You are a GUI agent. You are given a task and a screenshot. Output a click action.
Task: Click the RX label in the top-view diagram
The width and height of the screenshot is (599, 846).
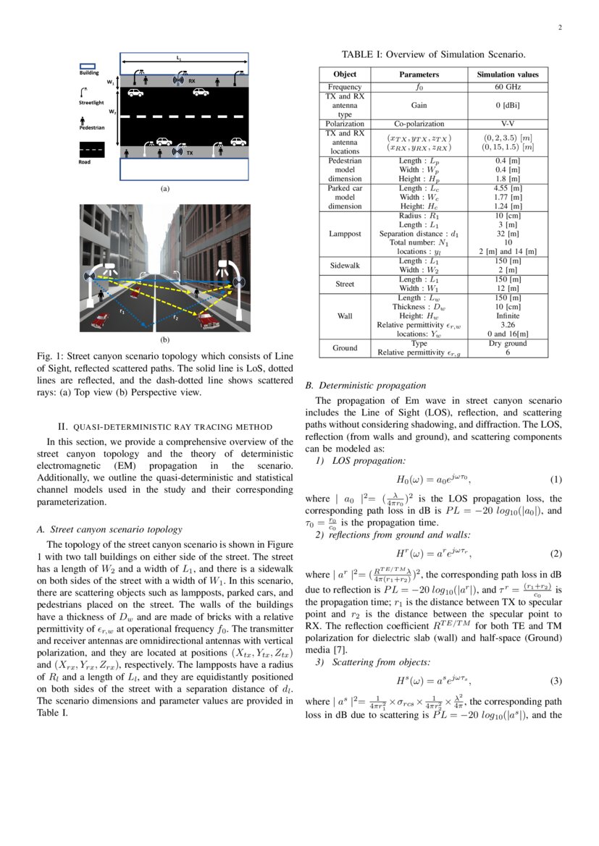[192, 81]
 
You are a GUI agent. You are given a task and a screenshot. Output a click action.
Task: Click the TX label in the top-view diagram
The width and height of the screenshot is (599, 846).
[190, 153]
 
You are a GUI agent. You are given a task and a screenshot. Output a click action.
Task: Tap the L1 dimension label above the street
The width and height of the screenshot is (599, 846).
[179, 57]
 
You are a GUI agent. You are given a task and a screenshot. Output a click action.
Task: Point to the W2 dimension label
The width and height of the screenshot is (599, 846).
[112, 112]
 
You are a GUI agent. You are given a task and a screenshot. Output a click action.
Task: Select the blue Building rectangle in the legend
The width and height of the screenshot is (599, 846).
[87, 65]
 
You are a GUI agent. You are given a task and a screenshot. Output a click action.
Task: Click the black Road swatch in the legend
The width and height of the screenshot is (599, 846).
[91, 149]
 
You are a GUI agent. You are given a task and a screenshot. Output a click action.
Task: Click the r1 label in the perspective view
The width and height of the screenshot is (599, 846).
[122, 312]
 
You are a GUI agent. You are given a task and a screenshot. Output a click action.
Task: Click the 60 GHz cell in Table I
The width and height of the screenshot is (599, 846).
[507, 87]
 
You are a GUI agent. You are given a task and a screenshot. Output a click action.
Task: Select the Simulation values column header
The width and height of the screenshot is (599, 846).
[507, 75]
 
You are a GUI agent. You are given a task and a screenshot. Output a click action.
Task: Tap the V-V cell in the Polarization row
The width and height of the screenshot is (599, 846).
[507, 124]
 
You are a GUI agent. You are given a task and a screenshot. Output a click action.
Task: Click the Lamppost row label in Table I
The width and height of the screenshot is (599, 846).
[345, 234]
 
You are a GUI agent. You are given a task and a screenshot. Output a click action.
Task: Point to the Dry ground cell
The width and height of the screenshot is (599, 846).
[507, 343]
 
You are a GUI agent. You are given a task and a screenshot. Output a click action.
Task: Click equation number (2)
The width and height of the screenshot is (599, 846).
[556, 554]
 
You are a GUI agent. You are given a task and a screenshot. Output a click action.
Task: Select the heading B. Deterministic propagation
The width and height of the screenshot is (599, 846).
[366, 385]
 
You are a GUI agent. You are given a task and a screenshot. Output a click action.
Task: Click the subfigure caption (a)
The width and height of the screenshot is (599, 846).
[164, 188]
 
